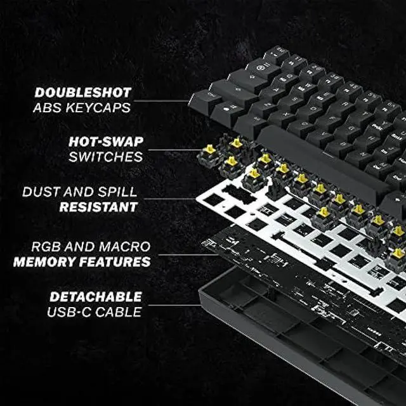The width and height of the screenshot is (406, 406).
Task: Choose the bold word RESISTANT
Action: [x=98, y=206]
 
